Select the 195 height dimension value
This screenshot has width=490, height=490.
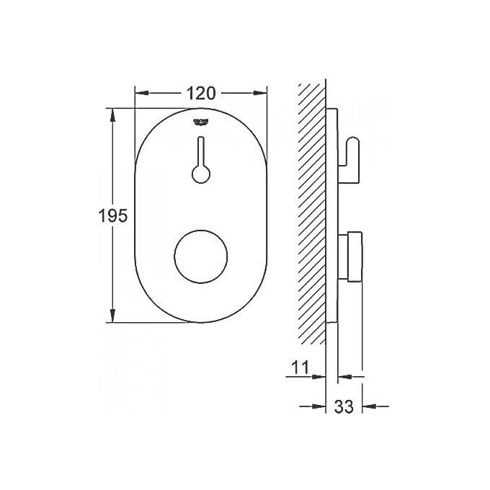(113, 215)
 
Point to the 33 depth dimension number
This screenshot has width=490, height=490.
(344, 406)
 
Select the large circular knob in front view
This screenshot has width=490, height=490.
(202, 257)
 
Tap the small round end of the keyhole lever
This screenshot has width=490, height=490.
(201, 173)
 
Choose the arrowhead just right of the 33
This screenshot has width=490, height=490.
(369, 406)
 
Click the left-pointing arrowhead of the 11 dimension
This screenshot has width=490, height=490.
(345, 375)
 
